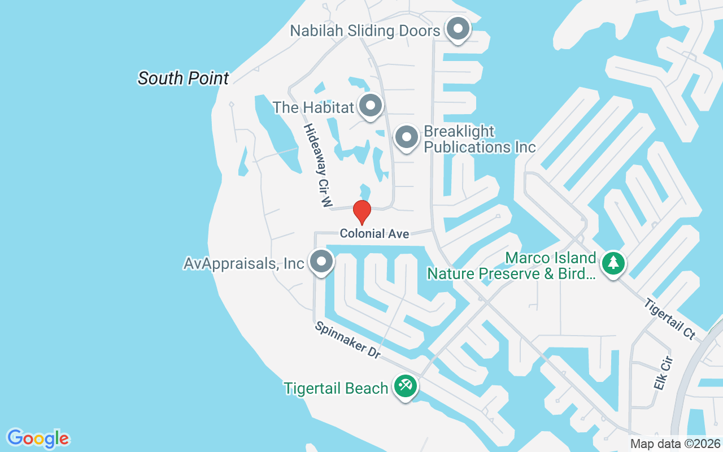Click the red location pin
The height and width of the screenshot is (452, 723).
pyautogui.click(x=362, y=212)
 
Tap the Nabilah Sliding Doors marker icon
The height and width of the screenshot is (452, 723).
pyautogui.click(x=458, y=28)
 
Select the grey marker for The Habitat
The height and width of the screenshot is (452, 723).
pyautogui.click(x=371, y=105)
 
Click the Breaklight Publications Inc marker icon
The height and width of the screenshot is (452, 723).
pyautogui.click(x=406, y=137)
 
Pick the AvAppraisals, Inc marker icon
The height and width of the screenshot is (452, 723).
pyautogui.click(x=322, y=262)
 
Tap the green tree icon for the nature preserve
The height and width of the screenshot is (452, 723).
pyautogui.click(x=613, y=262)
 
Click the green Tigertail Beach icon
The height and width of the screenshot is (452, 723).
pyautogui.click(x=406, y=386)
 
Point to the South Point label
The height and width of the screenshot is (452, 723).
pyautogui.click(x=184, y=78)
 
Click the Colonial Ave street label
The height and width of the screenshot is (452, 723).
pyautogui.click(x=374, y=233)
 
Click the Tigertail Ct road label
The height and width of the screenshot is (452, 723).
pyautogui.click(x=669, y=319)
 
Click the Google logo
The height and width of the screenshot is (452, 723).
pyautogui.click(x=38, y=438)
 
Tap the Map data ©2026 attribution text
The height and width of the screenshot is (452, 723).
pyautogui.click(x=675, y=444)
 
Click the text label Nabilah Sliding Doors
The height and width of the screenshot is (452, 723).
pyautogui.click(x=365, y=31)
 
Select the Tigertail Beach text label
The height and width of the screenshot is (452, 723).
pyautogui.click(x=336, y=389)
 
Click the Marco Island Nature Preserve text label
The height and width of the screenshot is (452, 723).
pyautogui.click(x=511, y=266)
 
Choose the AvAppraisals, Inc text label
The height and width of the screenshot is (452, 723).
pyautogui.click(x=244, y=263)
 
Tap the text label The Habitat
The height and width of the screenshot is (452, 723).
pyautogui.click(x=313, y=107)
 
